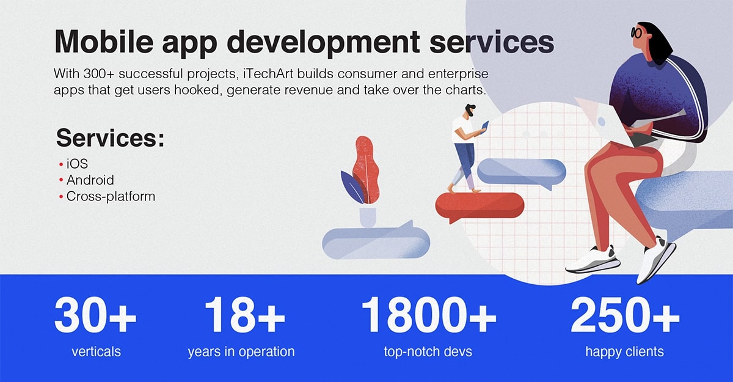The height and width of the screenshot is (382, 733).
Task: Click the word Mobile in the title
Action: (x=104, y=41)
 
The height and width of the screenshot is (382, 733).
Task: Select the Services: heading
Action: (x=111, y=138)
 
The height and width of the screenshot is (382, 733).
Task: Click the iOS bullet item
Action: (x=77, y=164)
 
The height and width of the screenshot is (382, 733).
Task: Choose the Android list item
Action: (x=90, y=180)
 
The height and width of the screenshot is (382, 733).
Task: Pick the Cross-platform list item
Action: (x=111, y=196)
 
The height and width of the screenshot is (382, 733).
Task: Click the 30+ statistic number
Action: (x=95, y=315)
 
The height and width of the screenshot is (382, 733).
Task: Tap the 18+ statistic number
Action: (x=245, y=315)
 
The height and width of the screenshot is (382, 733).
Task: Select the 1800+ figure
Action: (x=429, y=315)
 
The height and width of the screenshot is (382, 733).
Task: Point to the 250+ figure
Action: (x=625, y=315)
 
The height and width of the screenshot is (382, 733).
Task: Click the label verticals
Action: (x=97, y=352)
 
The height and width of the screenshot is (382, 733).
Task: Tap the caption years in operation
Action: (x=241, y=352)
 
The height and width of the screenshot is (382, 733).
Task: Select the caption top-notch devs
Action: (x=428, y=352)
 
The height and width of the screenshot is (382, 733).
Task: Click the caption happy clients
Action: (x=625, y=352)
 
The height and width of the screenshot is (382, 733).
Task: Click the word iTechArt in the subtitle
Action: (x=268, y=74)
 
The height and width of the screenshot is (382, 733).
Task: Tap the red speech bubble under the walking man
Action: (x=480, y=206)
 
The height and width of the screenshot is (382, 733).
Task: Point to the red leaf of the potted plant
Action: (x=366, y=169)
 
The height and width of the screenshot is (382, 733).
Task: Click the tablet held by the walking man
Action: (x=485, y=127)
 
